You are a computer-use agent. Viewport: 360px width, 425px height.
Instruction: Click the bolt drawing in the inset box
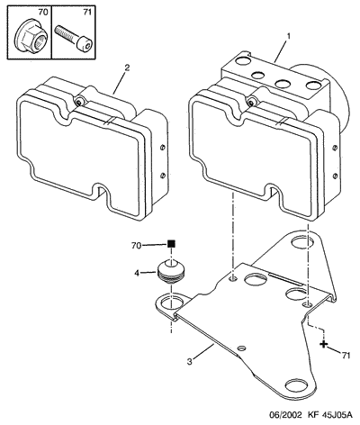pyautogui.click(x=73, y=38)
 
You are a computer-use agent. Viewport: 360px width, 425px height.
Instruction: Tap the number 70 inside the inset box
pyautogui.click(x=42, y=13)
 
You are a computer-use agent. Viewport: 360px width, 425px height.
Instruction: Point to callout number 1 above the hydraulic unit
pyautogui.click(x=289, y=36)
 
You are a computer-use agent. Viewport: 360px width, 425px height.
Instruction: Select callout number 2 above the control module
pyautogui.click(x=127, y=68)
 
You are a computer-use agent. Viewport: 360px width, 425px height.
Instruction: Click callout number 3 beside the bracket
pyautogui.click(x=189, y=362)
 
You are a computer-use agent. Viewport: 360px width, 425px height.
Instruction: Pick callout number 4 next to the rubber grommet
pyautogui.click(x=137, y=274)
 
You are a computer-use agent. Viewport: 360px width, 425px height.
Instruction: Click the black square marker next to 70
pyautogui.click(x=171, y=243)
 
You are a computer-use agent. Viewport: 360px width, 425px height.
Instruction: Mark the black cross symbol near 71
pyautogui.click(x=323, y=344)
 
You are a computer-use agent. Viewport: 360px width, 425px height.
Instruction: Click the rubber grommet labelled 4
pyautogui.click(x=170, y=272)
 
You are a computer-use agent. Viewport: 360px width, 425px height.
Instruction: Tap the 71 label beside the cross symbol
pyautogui.click(x=346, y=356)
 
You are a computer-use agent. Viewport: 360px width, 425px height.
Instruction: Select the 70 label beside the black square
pyautogui.click(x=136, y=246)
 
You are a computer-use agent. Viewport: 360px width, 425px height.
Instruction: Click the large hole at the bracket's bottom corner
pyautogui.click(x=298, y=385)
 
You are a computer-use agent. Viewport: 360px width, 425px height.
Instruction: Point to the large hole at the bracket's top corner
pyautogui.click(x=303, y=242)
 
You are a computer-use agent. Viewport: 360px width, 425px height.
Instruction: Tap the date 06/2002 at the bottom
pyautogui.click(x=284, y=415)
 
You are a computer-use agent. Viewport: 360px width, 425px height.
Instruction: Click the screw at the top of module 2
pyautogui.click(x=78, y=103)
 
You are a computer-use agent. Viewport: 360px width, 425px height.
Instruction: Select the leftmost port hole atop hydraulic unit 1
pyautogui.click(x=243, y=60)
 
